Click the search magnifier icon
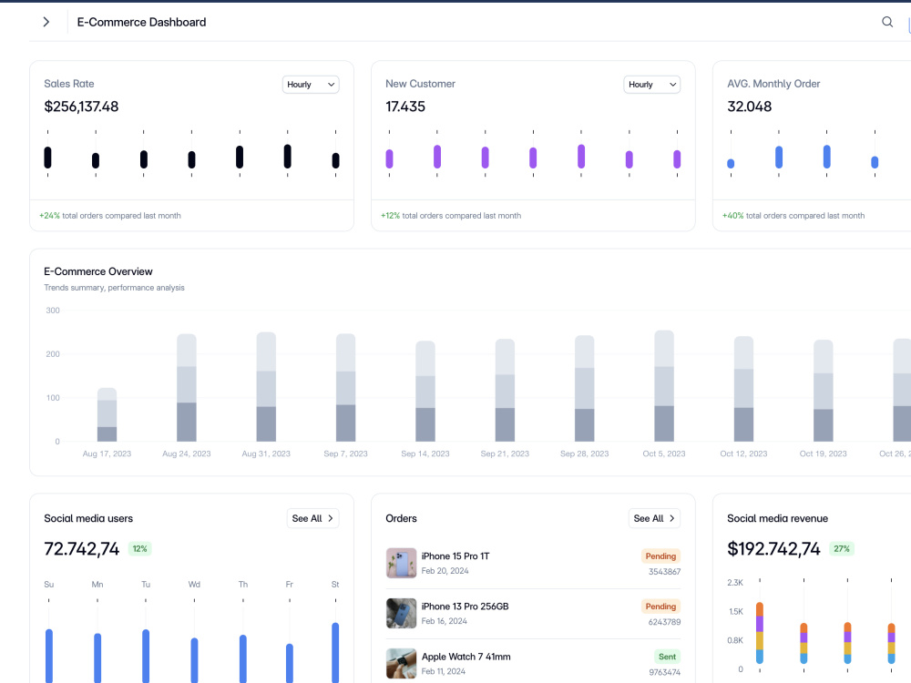887,22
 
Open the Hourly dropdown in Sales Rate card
311,84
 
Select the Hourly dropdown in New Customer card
652,84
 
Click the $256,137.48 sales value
81,107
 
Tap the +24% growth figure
49,216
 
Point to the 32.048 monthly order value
750,107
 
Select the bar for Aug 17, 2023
107,414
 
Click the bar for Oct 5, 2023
664,386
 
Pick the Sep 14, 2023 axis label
425,454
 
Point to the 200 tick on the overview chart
53,354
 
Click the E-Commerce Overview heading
98,271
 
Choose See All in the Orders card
654,518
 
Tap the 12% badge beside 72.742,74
140,549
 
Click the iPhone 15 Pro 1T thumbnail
402,563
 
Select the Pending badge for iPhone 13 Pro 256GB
660,607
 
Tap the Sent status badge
667,657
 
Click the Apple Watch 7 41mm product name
466,657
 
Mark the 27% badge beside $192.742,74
842,549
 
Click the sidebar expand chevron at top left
46,22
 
